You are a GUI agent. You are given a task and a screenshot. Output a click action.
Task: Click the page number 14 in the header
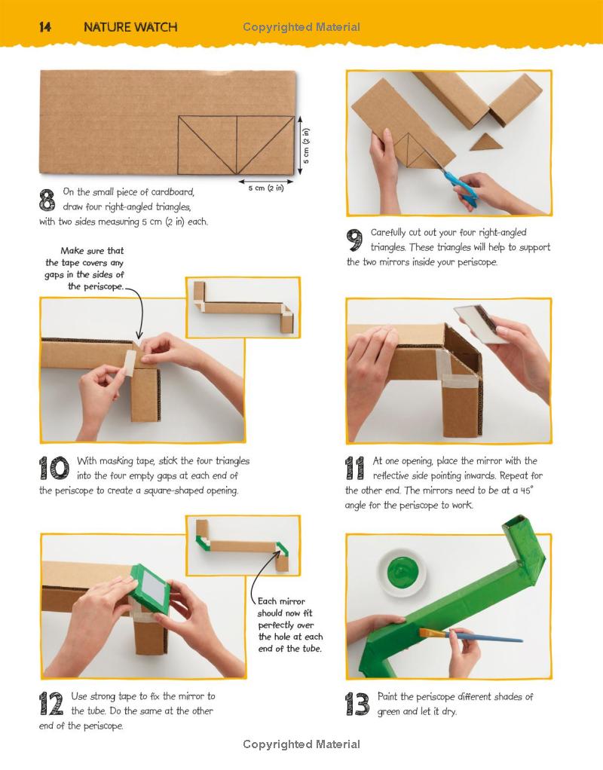(x=44, y=27)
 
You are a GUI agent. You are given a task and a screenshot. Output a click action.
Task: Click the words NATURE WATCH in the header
(x=130, y=27)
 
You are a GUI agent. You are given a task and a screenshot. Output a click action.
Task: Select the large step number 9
(x=354, y=240)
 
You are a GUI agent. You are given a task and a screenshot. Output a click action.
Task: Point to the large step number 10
(x=54, y=468)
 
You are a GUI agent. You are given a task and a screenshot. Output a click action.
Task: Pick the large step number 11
(x=355, y=468)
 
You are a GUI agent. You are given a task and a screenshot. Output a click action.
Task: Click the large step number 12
(x=51, y=704)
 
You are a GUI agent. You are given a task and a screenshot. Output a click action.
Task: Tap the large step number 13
(x=357, y=704)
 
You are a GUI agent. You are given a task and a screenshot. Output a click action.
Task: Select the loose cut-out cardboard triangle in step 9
(x=486, y=142)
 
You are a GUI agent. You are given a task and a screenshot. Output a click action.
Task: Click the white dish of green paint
(x=403, y=573)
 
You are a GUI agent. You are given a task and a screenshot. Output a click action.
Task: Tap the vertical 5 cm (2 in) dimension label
(x=306, y=146)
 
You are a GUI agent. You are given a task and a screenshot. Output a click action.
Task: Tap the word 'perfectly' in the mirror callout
(x=286, y=625)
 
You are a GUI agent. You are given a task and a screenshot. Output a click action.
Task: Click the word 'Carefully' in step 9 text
(x=388, y=232)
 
